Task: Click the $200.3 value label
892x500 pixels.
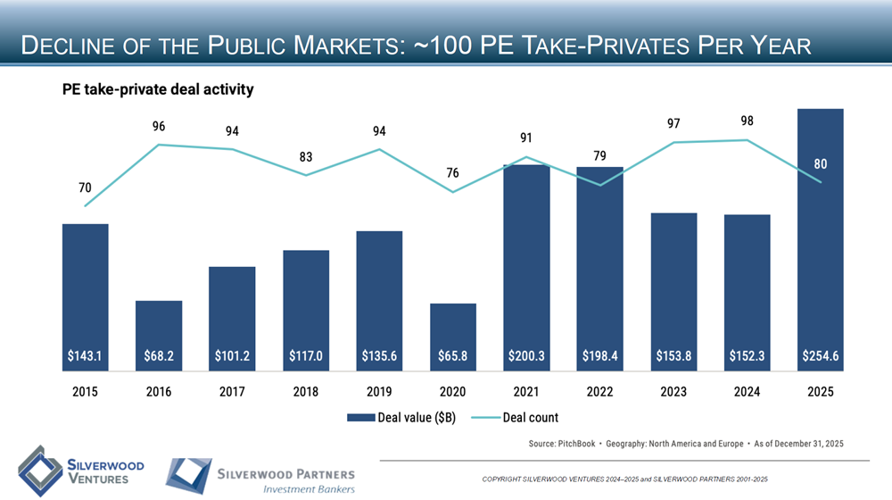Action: (526, 355)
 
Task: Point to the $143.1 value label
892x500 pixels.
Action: (86, 355)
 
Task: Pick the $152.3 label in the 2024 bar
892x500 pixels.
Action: (747, 355)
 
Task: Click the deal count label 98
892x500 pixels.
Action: (747, 121)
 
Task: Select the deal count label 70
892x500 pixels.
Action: (85, 187)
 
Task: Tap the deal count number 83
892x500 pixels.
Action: (306, 157)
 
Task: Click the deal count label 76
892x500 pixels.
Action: (453, 172)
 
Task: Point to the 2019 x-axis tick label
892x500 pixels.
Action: (379, 391)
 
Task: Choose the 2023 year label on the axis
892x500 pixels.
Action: (673, 391)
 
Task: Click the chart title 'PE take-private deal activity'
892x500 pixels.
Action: (158, 89)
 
